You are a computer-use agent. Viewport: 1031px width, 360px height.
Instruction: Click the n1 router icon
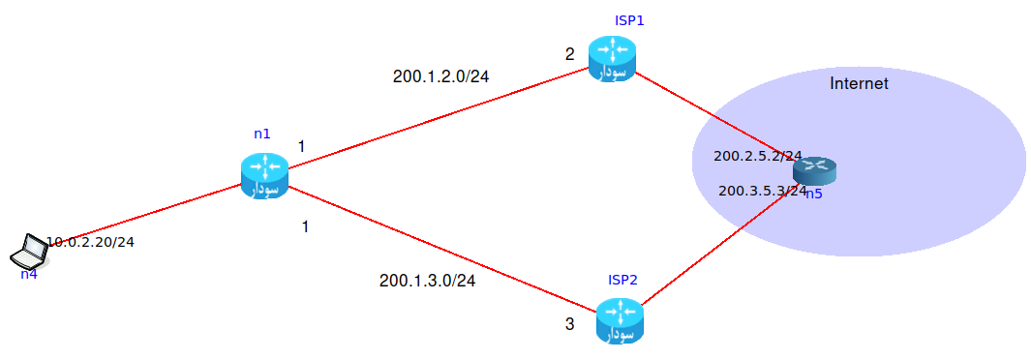[x=264, y=175]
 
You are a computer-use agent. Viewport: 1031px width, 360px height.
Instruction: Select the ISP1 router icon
[x=612, y=58]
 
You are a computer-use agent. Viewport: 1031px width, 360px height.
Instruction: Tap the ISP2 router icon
[x=620, y=320]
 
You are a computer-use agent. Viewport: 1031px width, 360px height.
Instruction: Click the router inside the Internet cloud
[x=814, y=171]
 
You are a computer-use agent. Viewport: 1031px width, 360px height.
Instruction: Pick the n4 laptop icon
[x=31, y=253]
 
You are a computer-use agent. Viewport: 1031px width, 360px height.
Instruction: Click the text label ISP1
[x=628, y=20]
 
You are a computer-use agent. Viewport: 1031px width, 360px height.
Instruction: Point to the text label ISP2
[x=622, y=280]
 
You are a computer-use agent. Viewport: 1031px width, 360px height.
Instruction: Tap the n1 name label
[x=262, y=134]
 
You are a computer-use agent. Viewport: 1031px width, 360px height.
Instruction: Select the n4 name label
[x=29, y=274]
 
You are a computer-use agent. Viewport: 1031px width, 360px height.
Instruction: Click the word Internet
[x=859, y=84]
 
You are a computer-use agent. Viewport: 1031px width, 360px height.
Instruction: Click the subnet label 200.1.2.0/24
[x=440, y=76]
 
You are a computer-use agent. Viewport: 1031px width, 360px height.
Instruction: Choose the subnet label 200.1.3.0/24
[x=427, y=281]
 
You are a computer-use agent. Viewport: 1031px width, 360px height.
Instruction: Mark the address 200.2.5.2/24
[x=757, y=155]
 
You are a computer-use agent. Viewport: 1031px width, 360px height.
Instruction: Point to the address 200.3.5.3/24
[x=762, y=191]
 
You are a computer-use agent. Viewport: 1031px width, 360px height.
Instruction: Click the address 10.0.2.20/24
[x=90, y=241]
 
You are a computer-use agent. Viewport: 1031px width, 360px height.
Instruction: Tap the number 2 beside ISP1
[x=570, y=53]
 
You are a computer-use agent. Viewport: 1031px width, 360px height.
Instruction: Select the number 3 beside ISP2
[x=570, y=324]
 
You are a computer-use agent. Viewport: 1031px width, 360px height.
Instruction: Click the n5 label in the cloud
[x=815, y=195]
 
